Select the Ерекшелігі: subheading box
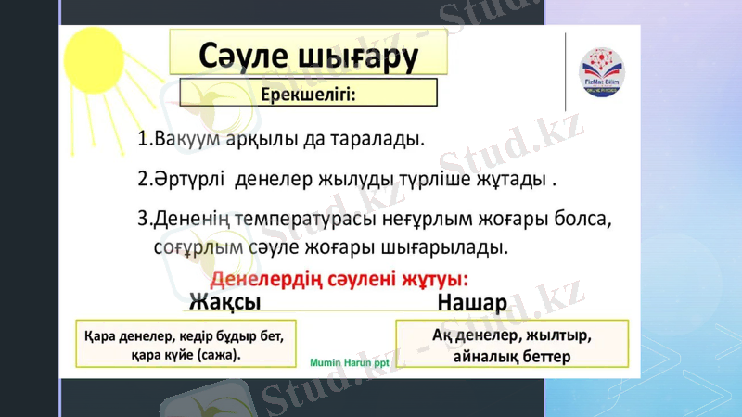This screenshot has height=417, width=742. (307, 94)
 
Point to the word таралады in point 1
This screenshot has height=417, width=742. (375, 140)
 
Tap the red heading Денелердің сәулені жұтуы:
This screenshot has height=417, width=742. (340, 279)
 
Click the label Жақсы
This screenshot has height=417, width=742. (224, 303)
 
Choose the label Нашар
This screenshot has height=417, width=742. (471, 304)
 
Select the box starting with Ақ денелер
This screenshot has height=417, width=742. (512, 344)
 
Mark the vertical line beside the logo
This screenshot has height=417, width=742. (565, 71)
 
